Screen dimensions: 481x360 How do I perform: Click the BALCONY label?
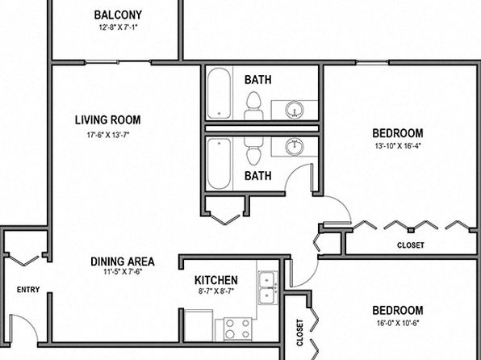click(118, 15)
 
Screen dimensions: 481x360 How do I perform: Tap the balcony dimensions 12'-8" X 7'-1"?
click(118, 27)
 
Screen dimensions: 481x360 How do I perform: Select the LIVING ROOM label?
click(107, 119)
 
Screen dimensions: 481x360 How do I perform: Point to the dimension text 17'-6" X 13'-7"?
click(107, 135)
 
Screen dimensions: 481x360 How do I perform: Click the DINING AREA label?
click(123, 262)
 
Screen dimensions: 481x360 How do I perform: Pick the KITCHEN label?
click(216, 280)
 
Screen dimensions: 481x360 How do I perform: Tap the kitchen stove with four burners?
click(238, 329)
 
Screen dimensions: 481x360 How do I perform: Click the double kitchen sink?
click(268, 288)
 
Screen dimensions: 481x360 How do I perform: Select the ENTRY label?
click(28, 290)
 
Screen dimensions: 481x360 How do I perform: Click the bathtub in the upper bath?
click(219, 94)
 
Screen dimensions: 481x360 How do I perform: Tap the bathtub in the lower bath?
click(219, 164)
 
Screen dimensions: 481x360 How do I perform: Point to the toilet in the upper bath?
click(253, 106)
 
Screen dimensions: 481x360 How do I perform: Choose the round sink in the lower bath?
click(295, 146)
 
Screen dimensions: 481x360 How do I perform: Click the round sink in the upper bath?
click(295, 110)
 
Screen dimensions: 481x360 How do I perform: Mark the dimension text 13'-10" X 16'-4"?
click(398, 146)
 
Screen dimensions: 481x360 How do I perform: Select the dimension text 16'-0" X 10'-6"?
click(398, 323)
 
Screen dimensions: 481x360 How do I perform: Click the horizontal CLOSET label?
click(411, 245)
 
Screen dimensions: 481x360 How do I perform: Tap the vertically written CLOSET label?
click(299, 333)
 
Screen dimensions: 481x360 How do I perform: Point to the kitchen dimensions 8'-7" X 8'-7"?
click(216, 291)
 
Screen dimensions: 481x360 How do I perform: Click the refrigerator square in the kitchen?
click(199, 325)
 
